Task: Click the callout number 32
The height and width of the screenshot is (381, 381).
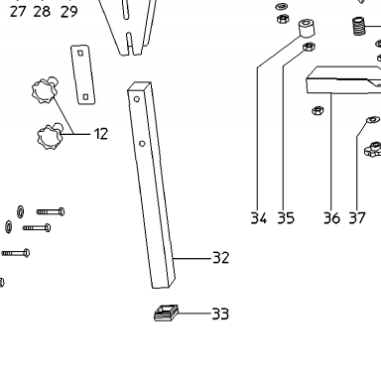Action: [x=220, y=258]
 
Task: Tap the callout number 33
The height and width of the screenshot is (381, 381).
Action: [x=220, y=314]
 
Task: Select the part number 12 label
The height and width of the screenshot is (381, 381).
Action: [x=101, y=134]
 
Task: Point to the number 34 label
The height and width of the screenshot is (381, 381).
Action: [x=258, y=218]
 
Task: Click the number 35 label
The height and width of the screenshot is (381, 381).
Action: [x=286, y=218]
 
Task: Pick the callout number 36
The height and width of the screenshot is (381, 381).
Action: [x=331, y=218]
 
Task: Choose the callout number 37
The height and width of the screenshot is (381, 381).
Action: [x=357, y=218]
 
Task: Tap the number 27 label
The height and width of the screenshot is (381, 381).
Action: [x=18, y=12]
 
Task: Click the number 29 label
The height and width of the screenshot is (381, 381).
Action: [x=68, y=12]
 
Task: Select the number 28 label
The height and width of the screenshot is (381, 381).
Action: [x=42, y=12]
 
